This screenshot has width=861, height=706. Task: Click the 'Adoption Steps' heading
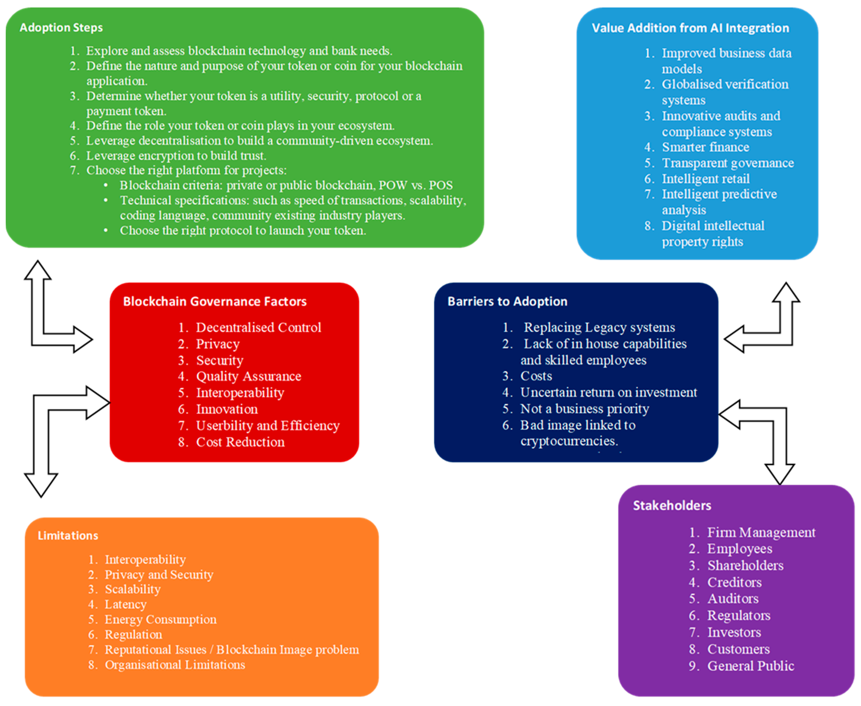pos(61,28)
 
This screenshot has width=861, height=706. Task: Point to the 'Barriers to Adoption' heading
pos(507,301)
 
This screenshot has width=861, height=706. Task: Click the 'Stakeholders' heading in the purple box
pos(672,506)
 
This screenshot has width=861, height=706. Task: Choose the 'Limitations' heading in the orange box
pos(68,535)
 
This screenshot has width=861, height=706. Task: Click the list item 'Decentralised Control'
pos(258,327)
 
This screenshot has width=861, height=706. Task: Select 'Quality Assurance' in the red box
pos(248,376)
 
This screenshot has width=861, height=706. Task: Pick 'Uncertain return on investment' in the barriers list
pos(608,392)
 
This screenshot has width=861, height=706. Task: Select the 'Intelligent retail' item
pos(705,179)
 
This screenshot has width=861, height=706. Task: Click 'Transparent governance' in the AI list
pos(728,163)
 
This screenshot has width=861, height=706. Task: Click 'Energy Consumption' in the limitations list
pos(160,619)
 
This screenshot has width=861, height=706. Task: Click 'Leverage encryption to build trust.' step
pos(176,156)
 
